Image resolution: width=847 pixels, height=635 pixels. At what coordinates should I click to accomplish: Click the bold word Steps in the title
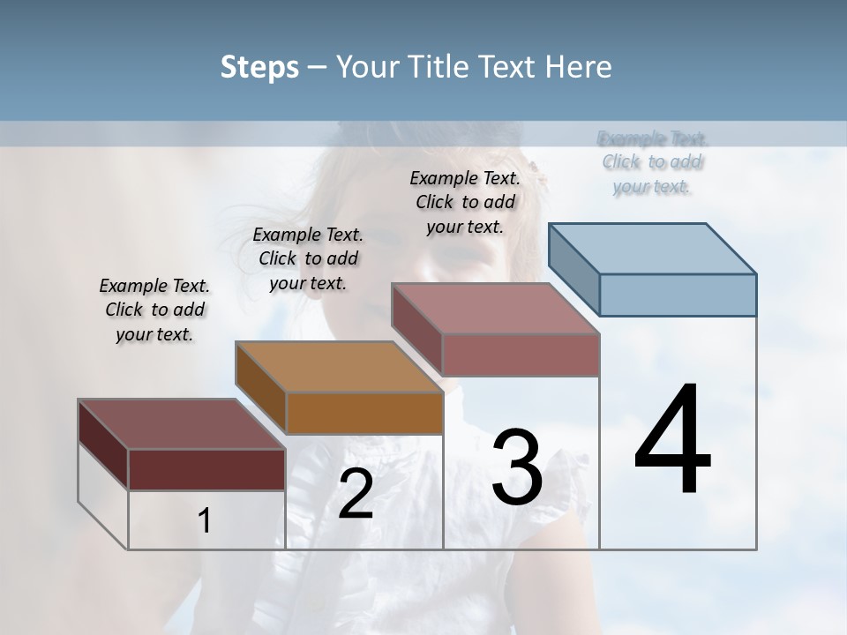pos(259,67)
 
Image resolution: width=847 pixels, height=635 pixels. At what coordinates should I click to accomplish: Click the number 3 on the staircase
pos(517,467)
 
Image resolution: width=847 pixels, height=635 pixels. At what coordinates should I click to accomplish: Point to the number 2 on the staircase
pos(356,494)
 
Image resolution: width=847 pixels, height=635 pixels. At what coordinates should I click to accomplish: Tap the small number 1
pos(205,521)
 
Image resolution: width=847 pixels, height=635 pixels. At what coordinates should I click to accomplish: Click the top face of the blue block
pos(653,249)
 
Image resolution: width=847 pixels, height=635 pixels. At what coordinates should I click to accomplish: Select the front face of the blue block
pos(678,295)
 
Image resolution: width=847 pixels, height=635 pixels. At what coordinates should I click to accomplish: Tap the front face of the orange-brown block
pos(364,413)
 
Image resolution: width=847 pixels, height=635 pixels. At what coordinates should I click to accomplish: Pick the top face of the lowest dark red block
pos(182,424)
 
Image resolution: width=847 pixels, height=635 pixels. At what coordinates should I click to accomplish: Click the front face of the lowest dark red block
pos(206,469)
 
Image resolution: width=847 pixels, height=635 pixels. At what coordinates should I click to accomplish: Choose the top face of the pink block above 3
pos(496,309)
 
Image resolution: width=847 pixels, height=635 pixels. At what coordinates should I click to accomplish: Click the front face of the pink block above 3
pos(521,355)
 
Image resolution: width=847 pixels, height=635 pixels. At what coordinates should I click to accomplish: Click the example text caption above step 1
pos(154,310)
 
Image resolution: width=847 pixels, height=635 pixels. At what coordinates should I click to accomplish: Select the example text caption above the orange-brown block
pos(308,258)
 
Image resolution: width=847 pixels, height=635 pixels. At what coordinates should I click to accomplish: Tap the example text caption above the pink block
pos(465,202)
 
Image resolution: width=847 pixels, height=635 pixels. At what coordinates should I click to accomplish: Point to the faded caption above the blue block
pos(653,162)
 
